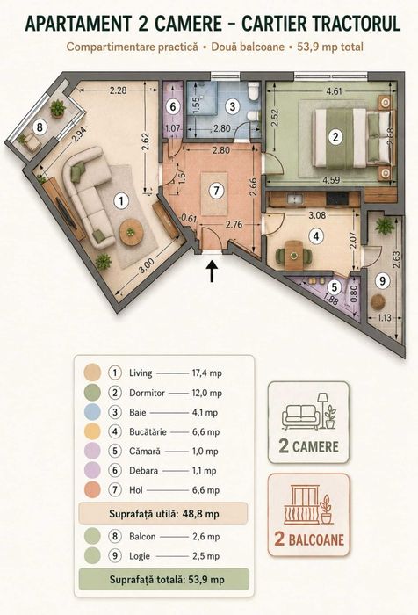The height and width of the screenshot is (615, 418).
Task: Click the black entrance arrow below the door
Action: tap(213, 271)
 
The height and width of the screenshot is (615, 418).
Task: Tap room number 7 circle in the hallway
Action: tap(216, 191)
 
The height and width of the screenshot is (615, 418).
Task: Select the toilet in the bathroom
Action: tap(254, 91)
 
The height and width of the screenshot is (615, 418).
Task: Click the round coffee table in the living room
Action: tap(131, 232)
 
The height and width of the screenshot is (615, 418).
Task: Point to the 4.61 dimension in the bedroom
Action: tap(334, 91)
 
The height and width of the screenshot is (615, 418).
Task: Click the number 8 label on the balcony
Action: tap(40, 127)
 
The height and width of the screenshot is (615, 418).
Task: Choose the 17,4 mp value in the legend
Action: tap(206, 373)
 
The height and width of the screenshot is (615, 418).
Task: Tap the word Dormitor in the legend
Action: tap(147, 393)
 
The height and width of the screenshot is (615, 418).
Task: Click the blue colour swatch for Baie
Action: tap(92, 412)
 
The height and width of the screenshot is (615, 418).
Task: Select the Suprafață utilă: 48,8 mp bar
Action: tap(163, 514)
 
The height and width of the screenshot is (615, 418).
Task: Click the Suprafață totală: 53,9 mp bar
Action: tap(164, 579)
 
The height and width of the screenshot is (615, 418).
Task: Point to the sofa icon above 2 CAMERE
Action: tap(300, 417)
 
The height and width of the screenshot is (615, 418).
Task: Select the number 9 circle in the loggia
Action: tap(383, 280)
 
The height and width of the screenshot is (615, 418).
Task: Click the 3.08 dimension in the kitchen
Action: tap(317, 215)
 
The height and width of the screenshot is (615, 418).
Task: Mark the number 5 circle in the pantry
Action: tap(334, 287)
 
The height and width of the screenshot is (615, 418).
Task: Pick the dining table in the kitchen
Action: tap(293, 256)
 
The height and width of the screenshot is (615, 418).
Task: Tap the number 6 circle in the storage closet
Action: tap(173, 106)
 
